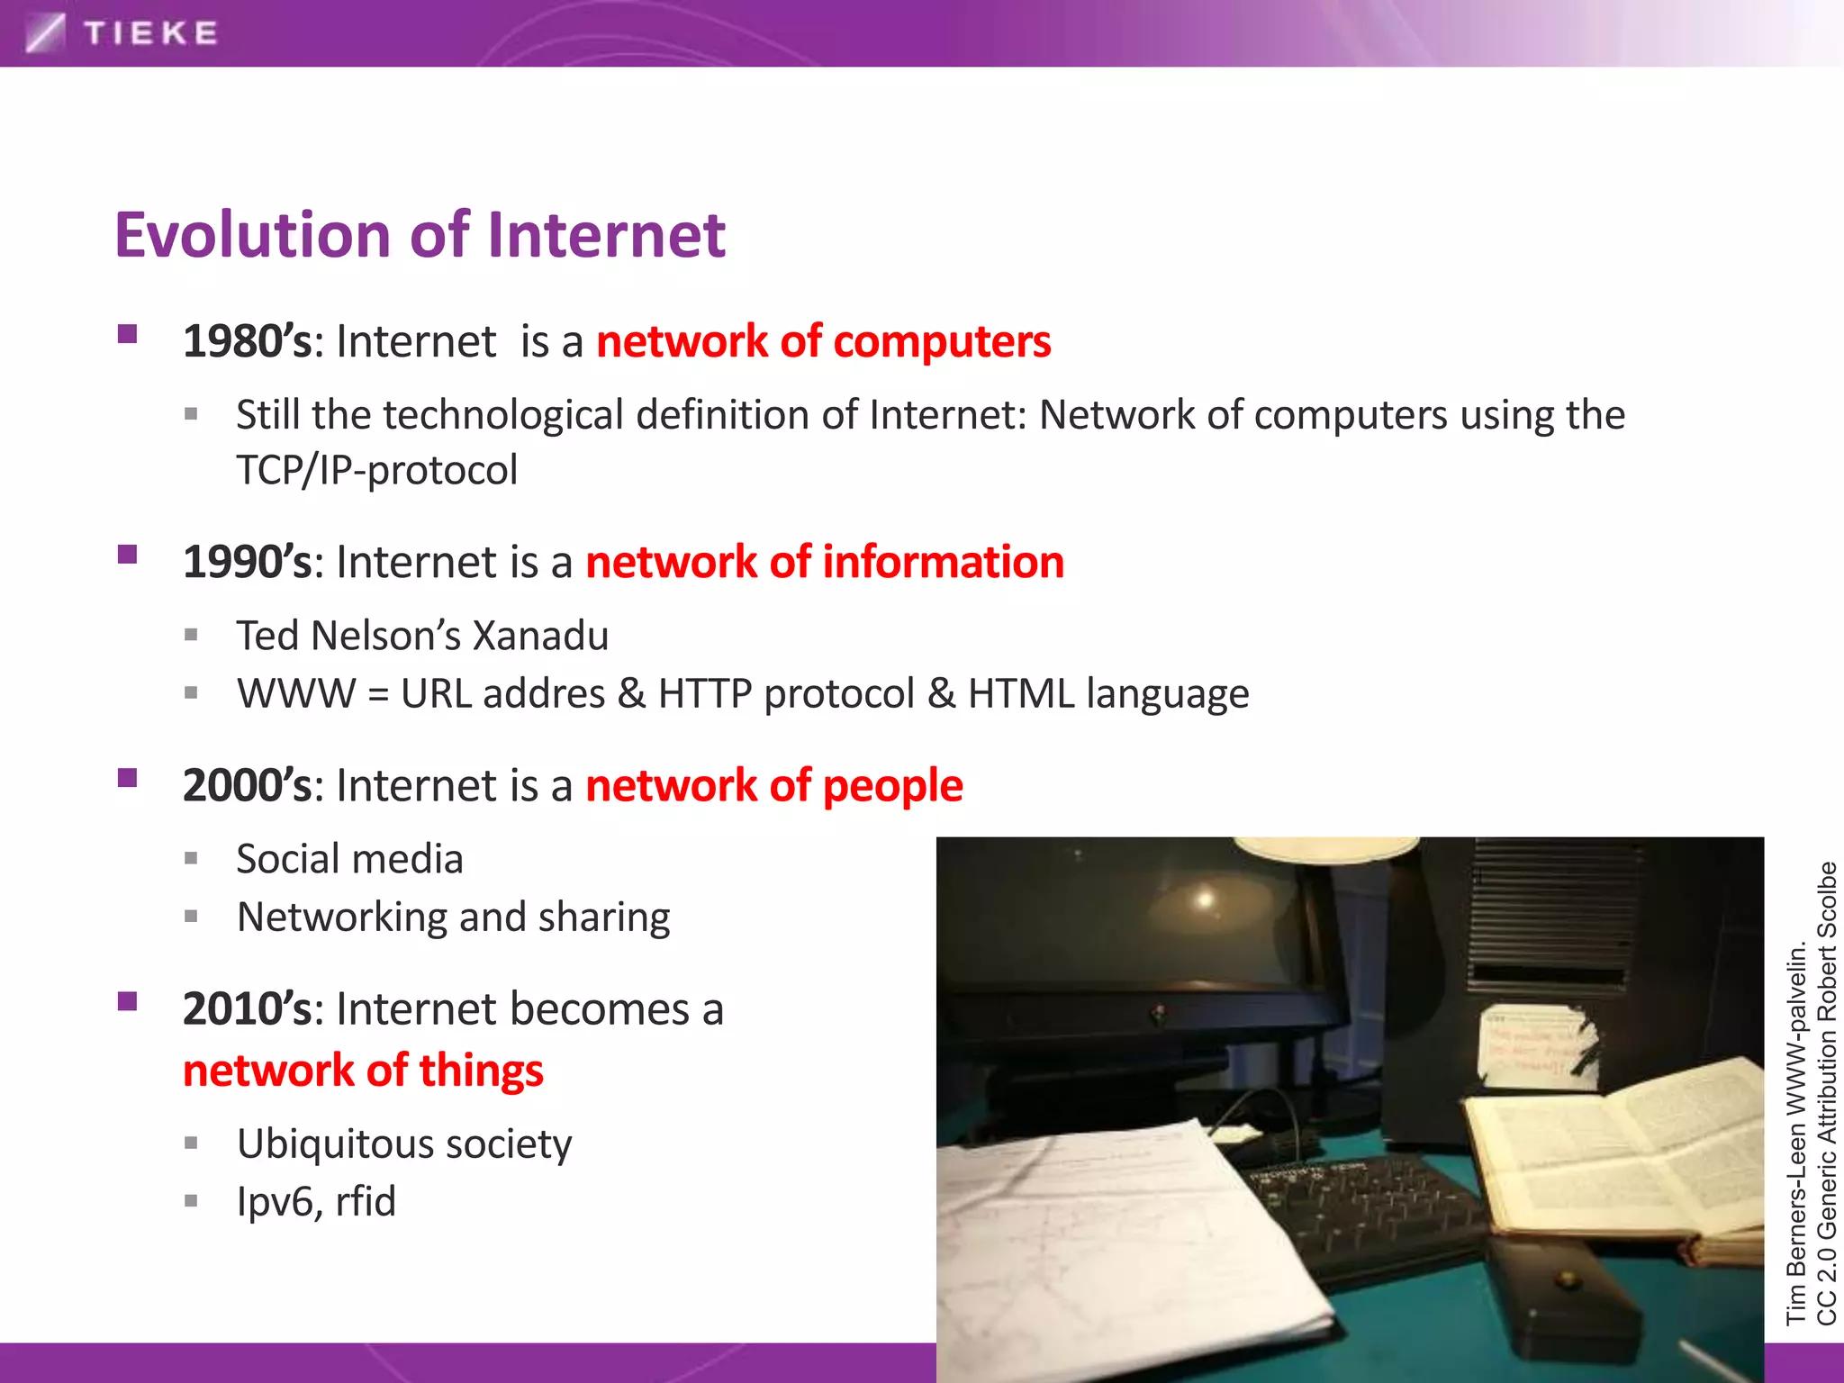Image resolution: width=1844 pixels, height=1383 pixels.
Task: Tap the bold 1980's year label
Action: tap(247, 341)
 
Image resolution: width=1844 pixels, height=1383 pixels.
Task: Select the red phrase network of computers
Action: tap(823, 341)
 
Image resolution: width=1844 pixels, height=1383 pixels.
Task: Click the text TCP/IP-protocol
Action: tap(376, 470)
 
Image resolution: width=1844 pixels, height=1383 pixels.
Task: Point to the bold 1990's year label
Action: tap(247, 562)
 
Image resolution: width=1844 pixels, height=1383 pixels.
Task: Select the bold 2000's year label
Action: tap(247, 785)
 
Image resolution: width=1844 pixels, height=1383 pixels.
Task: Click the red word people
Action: tap(892, 785)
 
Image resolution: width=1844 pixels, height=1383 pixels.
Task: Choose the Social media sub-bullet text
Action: tap(349, 859)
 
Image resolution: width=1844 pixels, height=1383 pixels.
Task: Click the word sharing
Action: tap(603, 917)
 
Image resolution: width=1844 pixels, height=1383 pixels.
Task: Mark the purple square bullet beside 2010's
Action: tap(127, 1001)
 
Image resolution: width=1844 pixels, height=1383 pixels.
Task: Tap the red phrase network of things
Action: tap(363, 1071)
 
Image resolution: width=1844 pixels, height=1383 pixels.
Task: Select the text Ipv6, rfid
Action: tap(316, 1202)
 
